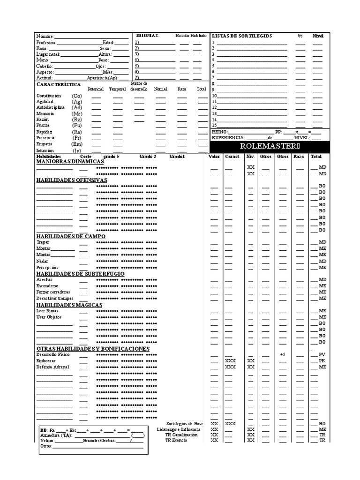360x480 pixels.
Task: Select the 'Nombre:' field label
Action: (x=45, y=36)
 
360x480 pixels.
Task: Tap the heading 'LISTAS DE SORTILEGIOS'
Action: (x=241, y=36)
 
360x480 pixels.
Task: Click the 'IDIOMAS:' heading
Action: (x=147, y=36)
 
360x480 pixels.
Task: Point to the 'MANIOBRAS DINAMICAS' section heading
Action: (x=70, y=161)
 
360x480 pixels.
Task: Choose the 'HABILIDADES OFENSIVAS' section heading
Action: (x=72, y=180)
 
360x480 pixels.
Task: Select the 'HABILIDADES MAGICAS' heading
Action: (x=69, y=305)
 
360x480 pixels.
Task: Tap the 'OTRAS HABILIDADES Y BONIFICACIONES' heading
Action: (x=93, y=349)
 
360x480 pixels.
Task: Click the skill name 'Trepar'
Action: (x=43, y=242)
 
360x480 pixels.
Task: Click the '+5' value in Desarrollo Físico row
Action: (x=283, y=354)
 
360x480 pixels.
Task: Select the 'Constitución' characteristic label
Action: (x=49, y=96)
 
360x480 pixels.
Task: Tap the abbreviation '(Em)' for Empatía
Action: (x=77, y=144)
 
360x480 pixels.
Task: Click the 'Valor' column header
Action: (x=214, y=156)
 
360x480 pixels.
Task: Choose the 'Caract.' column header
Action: (x=232, y=156)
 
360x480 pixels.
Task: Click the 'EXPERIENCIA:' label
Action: (x=228, y=138)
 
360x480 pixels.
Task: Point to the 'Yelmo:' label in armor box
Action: (x=47, y=441)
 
